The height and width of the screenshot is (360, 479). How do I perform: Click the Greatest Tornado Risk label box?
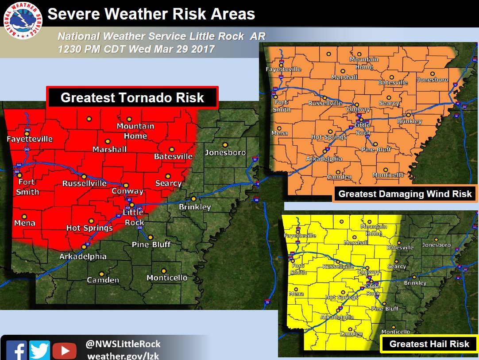(132, 97)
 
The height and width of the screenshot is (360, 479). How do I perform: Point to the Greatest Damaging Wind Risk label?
(405, 194)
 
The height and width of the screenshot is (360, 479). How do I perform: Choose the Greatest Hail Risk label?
(429, 344)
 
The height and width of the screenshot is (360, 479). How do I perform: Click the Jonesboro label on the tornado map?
(225, 153)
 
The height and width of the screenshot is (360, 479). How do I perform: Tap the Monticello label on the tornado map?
(167, 278)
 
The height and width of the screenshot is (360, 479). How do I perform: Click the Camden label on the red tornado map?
(103, 280)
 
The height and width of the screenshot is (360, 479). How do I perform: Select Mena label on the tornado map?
(24, 223)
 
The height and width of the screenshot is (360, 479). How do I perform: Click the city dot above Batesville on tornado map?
(172, 149)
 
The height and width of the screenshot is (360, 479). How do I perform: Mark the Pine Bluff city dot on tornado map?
(151, 237)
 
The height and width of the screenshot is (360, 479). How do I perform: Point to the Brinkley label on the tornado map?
(195, 207)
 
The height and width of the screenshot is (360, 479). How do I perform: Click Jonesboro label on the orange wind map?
(432, 80)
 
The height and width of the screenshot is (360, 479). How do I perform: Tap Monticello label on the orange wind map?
(388, 175)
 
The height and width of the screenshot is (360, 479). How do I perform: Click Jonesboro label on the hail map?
(436, 245)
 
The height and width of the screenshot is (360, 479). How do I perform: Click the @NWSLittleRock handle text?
(123, 344)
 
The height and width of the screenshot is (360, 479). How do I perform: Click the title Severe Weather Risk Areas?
(151, 14)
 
